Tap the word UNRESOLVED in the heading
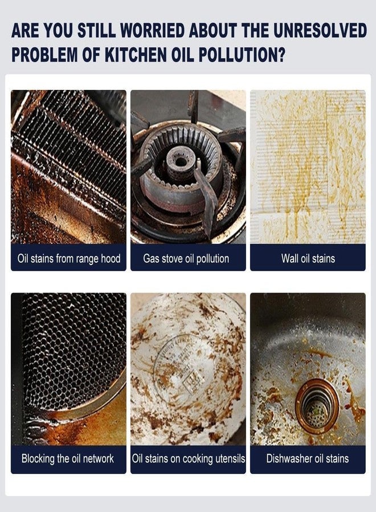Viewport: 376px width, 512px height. [320, 31]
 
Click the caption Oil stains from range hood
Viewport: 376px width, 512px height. [69, 259]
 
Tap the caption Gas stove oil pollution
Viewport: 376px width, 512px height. [186, 259]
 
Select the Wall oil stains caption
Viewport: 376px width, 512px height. [308, 259]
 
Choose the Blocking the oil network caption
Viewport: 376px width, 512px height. [68, 459]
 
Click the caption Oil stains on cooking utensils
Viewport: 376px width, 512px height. [189, 459]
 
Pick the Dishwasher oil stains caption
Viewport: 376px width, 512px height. [307, 459]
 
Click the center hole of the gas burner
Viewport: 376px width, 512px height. [179, 162]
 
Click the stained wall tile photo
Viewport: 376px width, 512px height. [308, 167]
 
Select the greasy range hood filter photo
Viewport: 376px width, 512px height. [69, 167]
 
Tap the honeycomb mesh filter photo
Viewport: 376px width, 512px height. [69, 369]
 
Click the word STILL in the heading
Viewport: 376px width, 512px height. [96, 31]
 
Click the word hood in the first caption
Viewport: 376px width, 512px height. [111, 258]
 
